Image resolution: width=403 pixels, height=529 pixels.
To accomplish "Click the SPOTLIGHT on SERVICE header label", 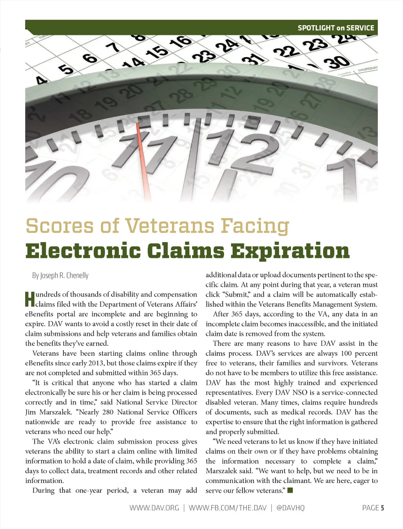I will [x=336, y=28].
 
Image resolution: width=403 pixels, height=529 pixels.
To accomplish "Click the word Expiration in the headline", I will [x=290, y=251].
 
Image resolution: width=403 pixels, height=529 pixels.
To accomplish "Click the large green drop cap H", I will [x=30, y=299].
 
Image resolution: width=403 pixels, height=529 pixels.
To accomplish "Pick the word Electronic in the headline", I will [x=83, y=251].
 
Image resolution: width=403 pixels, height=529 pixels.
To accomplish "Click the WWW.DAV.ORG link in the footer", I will [x=154, y=508].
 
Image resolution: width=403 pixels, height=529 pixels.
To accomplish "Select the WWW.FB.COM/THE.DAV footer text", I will [x=227, y=508].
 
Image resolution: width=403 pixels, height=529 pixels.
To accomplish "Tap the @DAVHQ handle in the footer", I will [x=290, y=508].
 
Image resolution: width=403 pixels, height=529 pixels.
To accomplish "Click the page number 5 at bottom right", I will [x=382, y=508].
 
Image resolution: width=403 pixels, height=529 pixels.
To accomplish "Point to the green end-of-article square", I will [x=290, y=490].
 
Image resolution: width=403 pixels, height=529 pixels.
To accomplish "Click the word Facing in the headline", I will [x=255, y=226].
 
